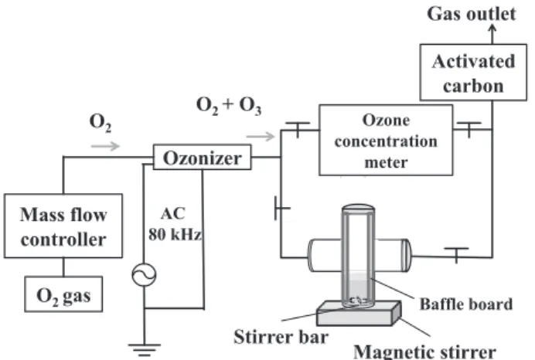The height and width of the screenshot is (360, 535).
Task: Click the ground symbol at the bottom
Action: point(144,349)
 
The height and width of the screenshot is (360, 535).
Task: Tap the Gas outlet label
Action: point(471,14)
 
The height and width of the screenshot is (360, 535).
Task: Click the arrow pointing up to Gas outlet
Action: point(492,34)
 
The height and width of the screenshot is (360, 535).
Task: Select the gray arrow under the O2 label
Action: point(105,146)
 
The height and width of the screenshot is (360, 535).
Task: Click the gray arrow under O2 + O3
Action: point(261,137)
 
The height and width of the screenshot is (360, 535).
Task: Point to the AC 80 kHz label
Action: point(175,224)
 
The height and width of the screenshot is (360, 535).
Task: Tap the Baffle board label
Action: point(466,304)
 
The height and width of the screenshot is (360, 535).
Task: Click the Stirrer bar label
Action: point(281,337)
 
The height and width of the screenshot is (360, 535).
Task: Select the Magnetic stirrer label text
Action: point(424,352)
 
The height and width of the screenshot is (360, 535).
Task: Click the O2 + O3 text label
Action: point(229,105)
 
